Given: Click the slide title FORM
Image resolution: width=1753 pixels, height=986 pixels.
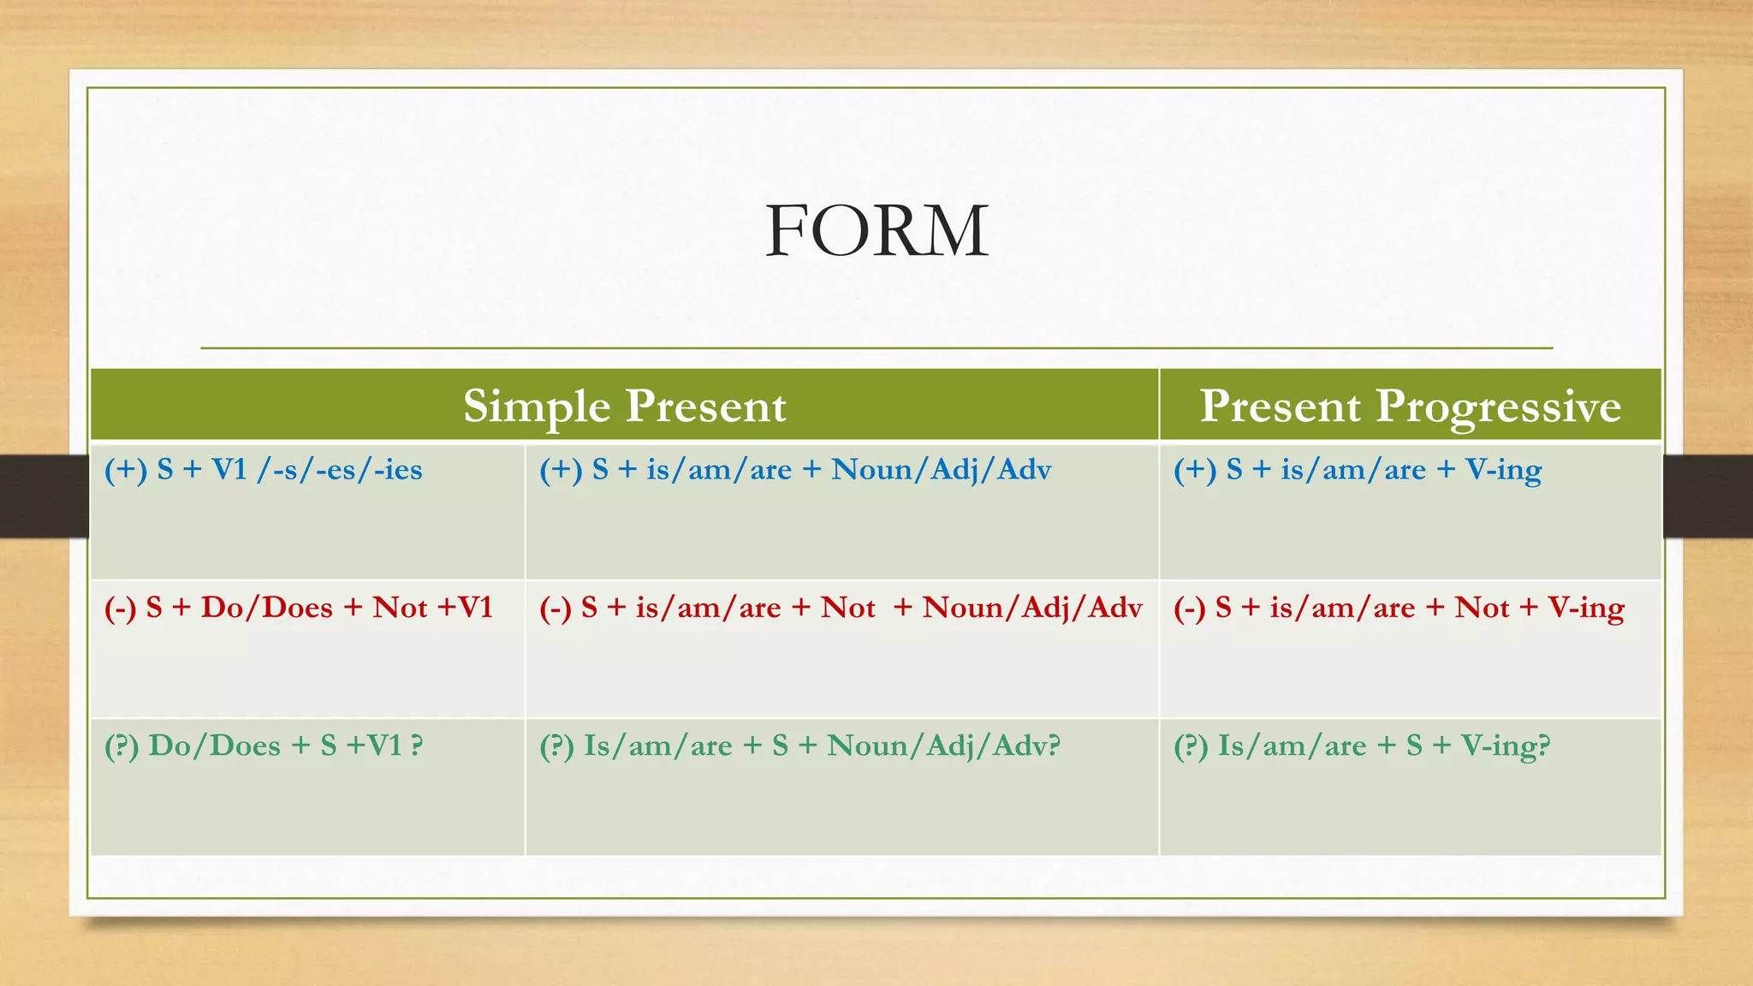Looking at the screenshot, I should pyautogui.click(x=876, y=231).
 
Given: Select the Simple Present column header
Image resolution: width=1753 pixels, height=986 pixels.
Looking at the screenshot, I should pyautogui.click(x=624, y=406).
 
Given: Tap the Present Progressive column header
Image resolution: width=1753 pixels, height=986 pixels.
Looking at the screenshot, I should pyautogui.click(x=1410, y=406).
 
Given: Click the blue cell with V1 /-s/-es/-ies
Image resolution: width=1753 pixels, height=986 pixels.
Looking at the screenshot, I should pyautogui.click(x=264, y=470).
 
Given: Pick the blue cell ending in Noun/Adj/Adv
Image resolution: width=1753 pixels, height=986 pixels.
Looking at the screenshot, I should pyautogui.click(x=794, y=470).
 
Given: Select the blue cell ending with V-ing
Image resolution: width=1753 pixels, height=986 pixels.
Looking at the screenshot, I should pyautogui.click(x=1358, y=470).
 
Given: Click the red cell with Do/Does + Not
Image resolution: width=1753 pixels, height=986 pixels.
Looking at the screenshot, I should pyautogui.click(x=298, y=608).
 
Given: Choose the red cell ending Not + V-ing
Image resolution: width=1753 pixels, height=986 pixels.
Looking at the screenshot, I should pyautogui.click(x=1399, y=608).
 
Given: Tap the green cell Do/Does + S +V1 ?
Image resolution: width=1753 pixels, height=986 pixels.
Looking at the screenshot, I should pyautogui.click(x=264, y=745).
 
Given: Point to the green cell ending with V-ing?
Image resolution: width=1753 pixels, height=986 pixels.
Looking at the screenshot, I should pyautogui.click(x=1361, y=745).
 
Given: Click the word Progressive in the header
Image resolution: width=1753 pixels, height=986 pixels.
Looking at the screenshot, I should pyautogui.click(x=1498, y=406).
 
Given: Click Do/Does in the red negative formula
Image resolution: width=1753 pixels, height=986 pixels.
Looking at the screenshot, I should pyautogui.click(x=266, y=608).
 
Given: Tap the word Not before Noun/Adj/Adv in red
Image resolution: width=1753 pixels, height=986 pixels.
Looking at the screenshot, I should pyautogui.click(x=847, y=608).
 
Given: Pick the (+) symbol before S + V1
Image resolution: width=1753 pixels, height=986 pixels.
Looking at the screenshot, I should pyautogui.click(x=125, y=470).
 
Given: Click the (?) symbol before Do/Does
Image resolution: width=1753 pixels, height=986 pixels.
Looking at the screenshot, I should pyautogui.click(x=122, y=745).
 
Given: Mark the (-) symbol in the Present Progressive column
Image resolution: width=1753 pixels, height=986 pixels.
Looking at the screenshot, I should pyautogui.click(x=1189, y=608).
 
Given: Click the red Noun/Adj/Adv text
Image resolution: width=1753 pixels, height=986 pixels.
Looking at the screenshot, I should pyautogui.click(x=1032, y=608).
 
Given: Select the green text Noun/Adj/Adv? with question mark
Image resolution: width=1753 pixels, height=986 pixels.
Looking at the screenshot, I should pyautogui.click(x=943, y=745).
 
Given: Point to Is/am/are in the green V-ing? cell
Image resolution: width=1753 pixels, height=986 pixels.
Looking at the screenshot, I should pyautogui.click(x=1292, y=745).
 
